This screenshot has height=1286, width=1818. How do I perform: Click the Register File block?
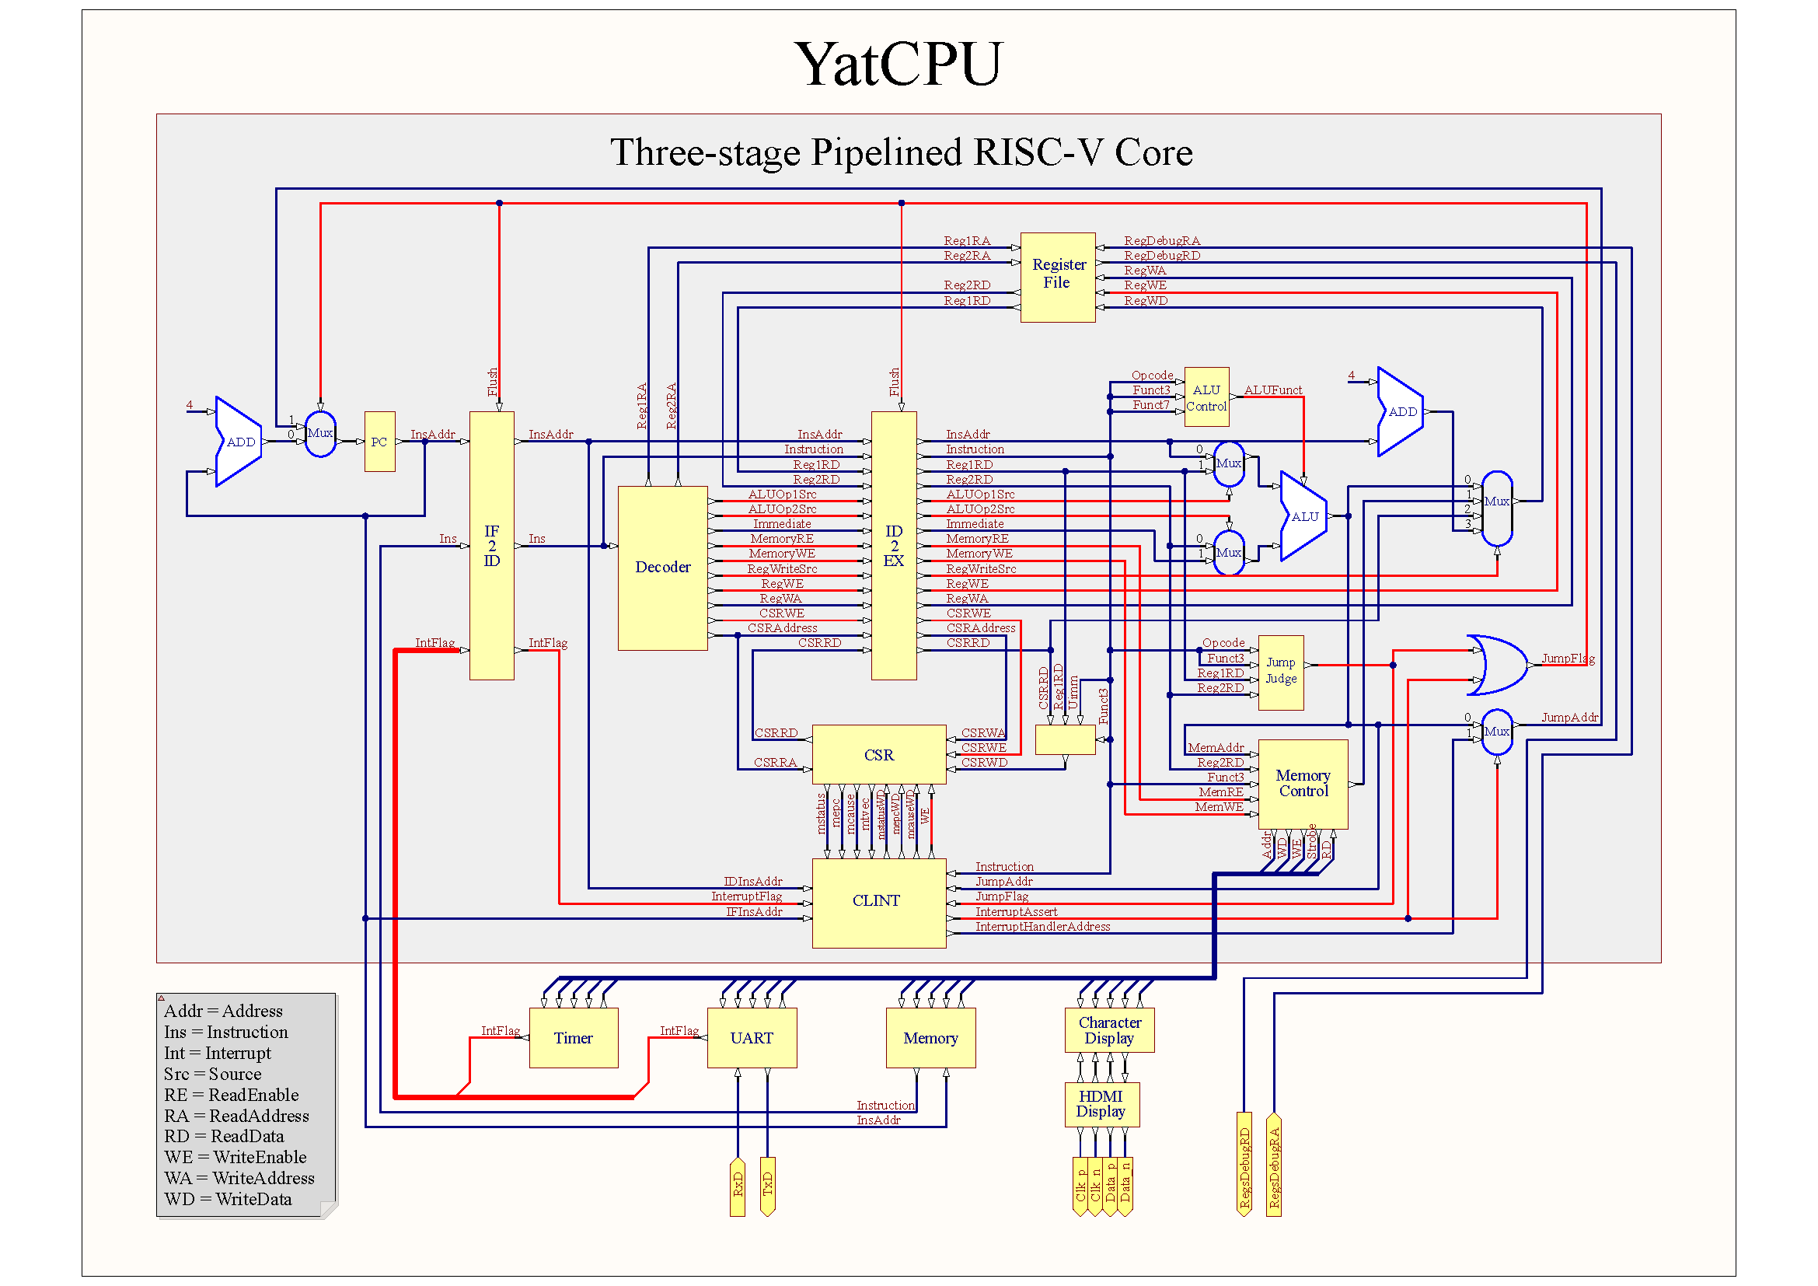pyautogui.click(x=1057, y=277)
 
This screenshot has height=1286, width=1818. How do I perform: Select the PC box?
pyautogui.click(x=379, y=442)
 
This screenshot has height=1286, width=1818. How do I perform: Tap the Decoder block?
pyautogui.click(x=662, y=568)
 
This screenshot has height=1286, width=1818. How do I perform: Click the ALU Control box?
pyautogui.click(x=1206, y=397)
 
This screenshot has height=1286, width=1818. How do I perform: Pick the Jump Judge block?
pyautogui.click(x=1280, y=672)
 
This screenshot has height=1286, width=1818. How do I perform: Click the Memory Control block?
pyautogui.click(x=1303, y=784)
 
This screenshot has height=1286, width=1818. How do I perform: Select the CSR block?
pyautogui.click(x=879, y=755)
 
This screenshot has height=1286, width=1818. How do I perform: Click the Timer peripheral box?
pyautogui.click(x=574, y=1038)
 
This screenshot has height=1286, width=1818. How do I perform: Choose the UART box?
pyautogui.click(x=752, y=1038)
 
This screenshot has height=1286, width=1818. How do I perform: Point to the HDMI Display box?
pyautogui.click(x=1101, y=1104)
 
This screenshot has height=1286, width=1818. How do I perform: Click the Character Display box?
pyautogui.click(x=1109, y=1030)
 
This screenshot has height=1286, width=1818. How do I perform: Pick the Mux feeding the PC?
pyautogui.click(x=320, y=434)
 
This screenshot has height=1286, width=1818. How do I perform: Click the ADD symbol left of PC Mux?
pyautogui.click(x=239, y=442)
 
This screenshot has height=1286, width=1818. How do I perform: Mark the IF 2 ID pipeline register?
pyautogui.click(x=492, y=546)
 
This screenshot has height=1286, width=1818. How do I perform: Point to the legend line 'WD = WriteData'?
pyautogui.click(x=228, y=1199)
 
